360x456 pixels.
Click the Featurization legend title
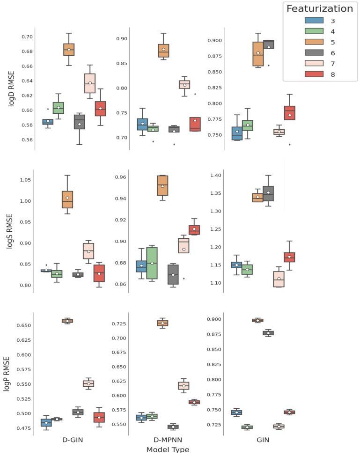[319, 8]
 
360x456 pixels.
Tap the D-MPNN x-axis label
[168, 440]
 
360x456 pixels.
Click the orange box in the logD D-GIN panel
[69, 50]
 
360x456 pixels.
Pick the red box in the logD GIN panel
[290, 113]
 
